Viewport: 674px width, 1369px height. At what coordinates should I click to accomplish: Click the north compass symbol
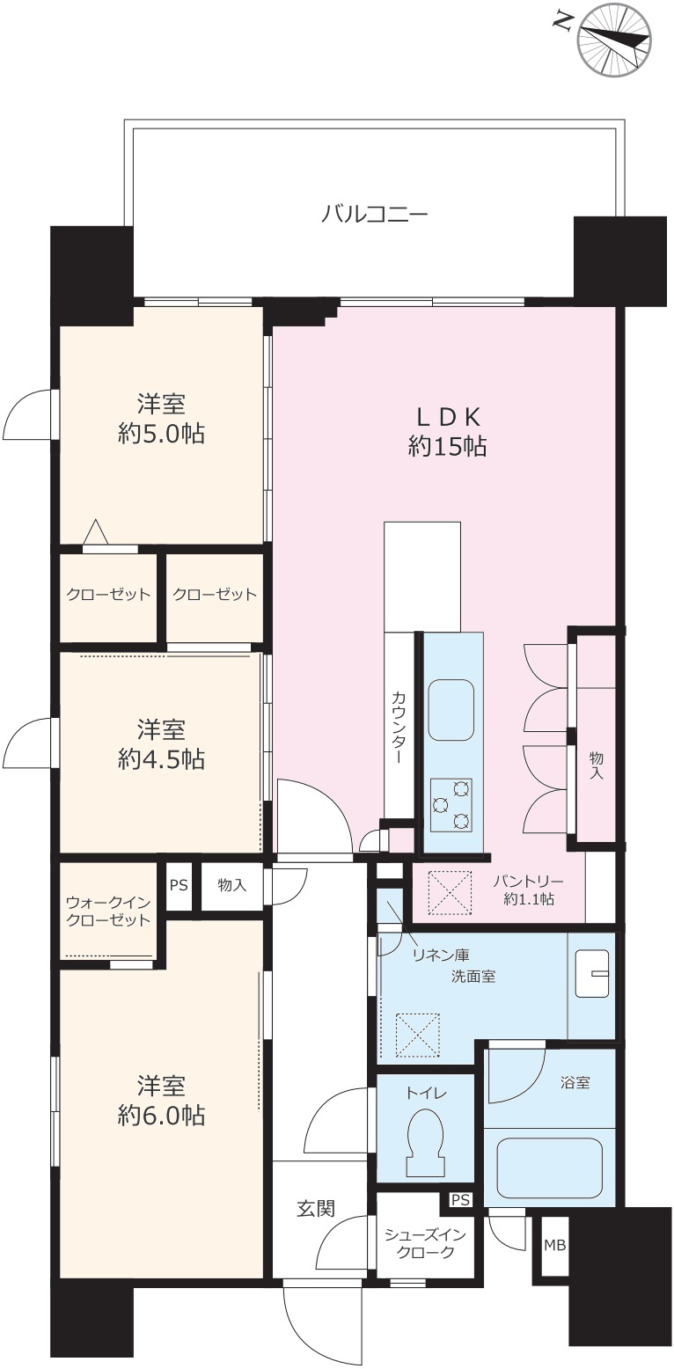(x=613, y=40)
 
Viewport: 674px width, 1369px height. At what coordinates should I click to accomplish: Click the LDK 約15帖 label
(x=447, y=432)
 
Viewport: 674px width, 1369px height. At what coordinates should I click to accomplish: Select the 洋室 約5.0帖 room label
(x=161, y=419)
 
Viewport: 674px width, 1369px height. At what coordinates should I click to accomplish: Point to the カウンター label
(x=398, y=728)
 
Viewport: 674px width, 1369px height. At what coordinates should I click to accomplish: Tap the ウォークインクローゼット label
(x=108, y=911)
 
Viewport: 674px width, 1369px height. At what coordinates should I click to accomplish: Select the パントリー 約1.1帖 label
(x=529, y=889)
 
